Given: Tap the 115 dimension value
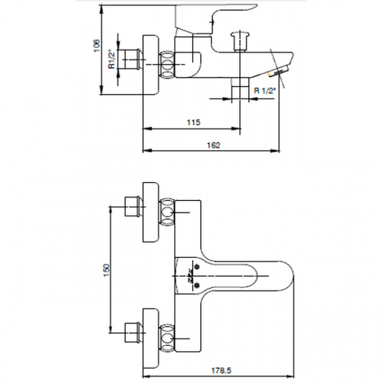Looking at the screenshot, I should tap(193, 121).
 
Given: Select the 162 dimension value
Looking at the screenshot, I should tap(213, 146).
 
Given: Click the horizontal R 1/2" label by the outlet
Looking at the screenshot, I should tap(264, 91).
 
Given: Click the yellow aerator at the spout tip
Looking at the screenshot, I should tap(278, 72).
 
